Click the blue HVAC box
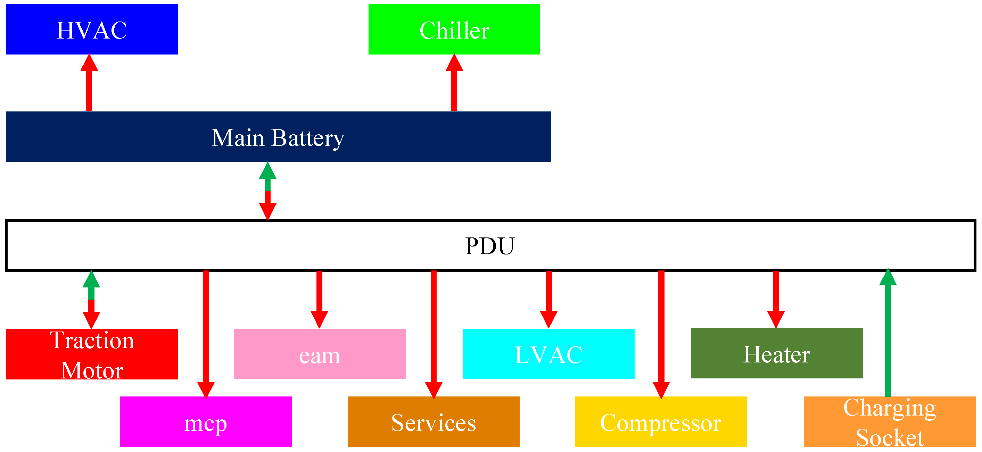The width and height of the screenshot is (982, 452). pos(91,30)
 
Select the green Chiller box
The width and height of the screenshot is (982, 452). pos(454,30)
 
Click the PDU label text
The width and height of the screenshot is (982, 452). pos(490,246)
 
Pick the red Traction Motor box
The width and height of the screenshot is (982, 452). pos(91,354)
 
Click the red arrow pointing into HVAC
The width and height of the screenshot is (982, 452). pos(89,84)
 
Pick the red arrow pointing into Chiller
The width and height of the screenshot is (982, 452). pos(454,84)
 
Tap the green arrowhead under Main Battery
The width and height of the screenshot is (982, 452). pos(267,171)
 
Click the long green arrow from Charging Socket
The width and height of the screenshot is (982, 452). pos(888,335)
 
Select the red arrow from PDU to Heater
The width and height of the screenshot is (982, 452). pos(776,297)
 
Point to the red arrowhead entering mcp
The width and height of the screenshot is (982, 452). pos(206,390)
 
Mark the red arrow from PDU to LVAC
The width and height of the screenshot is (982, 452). pos(548,297)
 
